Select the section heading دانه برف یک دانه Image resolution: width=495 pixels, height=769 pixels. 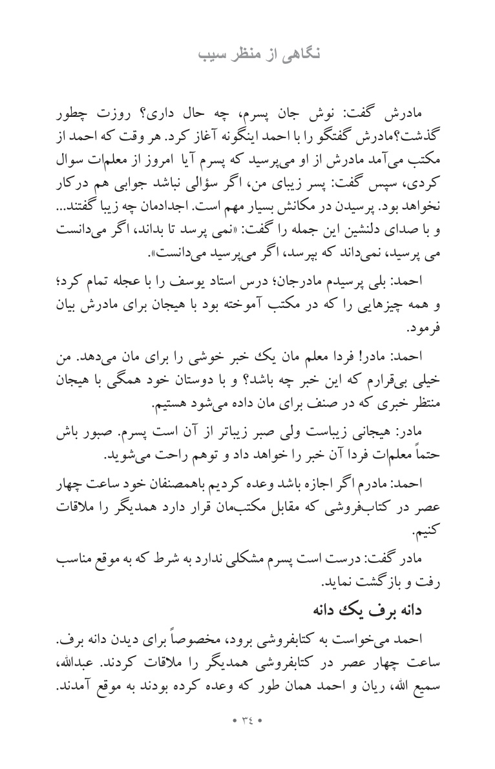coord(368,610)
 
